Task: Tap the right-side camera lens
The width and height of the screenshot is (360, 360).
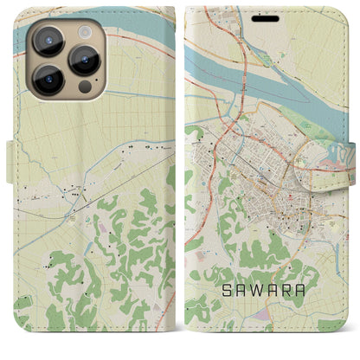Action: (x=85, y=60)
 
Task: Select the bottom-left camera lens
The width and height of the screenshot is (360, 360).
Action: (x=48, y=80)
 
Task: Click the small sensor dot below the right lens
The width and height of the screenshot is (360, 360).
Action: (x=84, y=87)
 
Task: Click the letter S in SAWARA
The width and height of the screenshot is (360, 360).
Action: (x=216, y=291)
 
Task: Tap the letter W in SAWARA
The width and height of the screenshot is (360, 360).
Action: (x=252, y=291)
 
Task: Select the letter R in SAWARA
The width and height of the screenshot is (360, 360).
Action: (x=286, y=291)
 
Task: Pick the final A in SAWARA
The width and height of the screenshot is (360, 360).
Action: (x=304, y=291)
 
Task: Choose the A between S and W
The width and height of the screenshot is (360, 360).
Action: (x=234, y=291)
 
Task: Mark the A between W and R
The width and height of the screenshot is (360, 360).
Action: (x=269, y=291)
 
